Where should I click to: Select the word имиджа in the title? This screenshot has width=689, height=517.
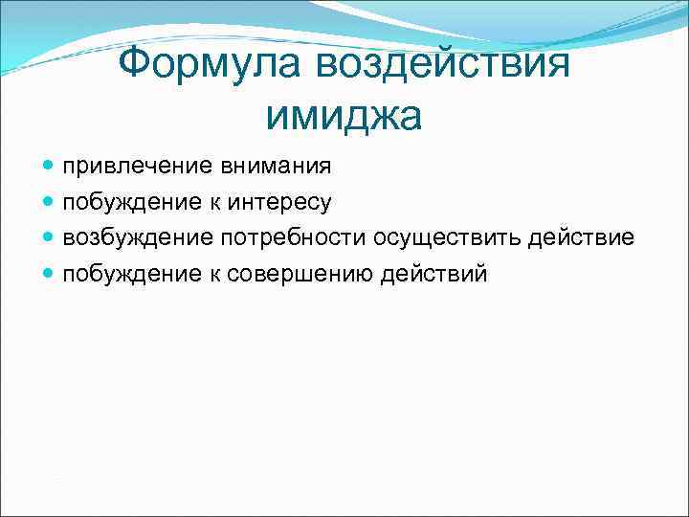click(x=344, y=116)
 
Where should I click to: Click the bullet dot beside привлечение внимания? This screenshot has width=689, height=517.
click(x=49, y=168)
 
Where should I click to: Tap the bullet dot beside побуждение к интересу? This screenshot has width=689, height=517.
click(x=49, y=203)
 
